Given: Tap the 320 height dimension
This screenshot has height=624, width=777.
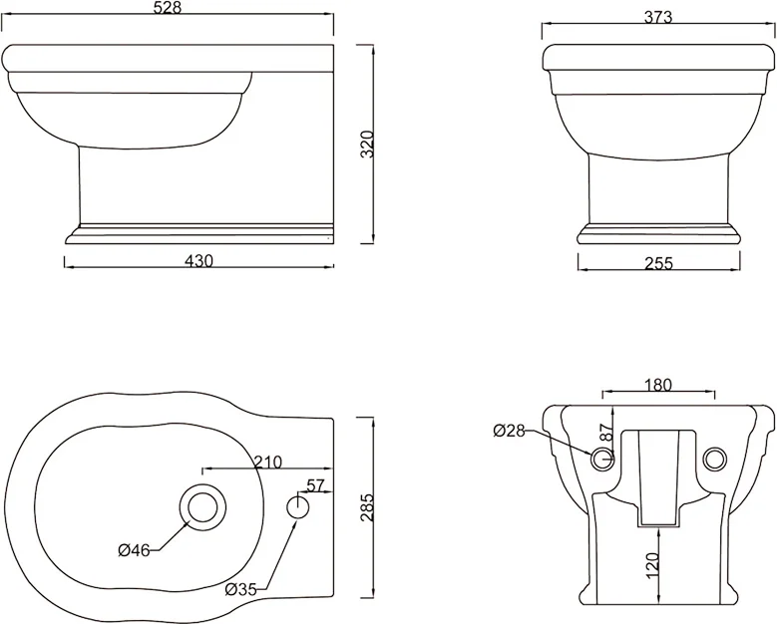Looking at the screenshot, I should pyautogui.click(x=367, y=145).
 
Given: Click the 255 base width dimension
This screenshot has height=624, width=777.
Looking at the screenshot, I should pyautogui.click(x=659, y=263).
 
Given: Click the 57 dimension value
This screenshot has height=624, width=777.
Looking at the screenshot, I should pyautogui.click(x=316, y=485).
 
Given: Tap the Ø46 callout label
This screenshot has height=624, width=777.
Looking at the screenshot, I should pyautogui.click(x=134, y=550).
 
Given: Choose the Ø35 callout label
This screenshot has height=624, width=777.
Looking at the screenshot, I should pyautogui.click(x=242, y=588).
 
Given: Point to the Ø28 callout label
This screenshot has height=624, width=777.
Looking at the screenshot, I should pyautogui.click(x=510, y=431).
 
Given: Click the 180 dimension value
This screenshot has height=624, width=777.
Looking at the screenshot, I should pyautogui.click(x=658, y=385).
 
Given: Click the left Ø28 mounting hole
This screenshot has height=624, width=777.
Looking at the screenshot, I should pyautogui.click(x=601, y=459).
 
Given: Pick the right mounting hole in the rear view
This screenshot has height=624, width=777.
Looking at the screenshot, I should pyautogui.click(x=714, y=459).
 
